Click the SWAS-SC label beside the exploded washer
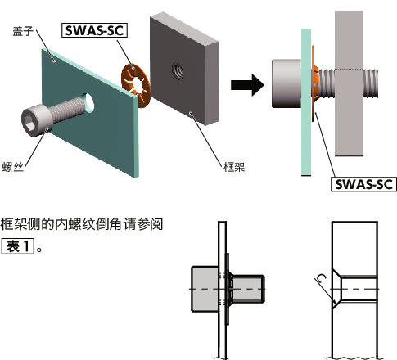(x=98, y=33)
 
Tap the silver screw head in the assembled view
(x=289, y=83)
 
